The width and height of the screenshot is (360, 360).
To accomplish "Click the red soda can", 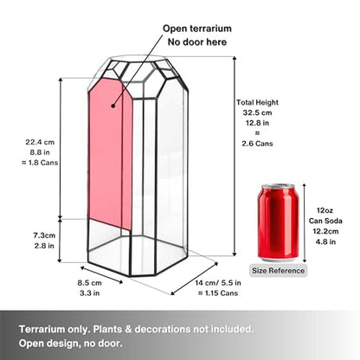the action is point(278,222).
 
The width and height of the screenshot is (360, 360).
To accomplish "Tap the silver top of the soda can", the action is point(278,186).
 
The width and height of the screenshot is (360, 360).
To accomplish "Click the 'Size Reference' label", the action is point(278,271).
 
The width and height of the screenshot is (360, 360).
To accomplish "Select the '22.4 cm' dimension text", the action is point(40,142).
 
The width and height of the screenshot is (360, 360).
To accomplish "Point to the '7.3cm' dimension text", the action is point(44,235).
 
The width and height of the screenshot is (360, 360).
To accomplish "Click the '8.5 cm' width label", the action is point(89,283).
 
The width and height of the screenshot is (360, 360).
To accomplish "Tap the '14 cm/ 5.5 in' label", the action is point(218,283).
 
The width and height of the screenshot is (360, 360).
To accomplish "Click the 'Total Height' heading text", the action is point(257,102).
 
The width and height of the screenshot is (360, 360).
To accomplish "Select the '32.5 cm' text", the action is point(257,112).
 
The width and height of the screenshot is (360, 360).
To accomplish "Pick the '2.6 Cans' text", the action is point(257,144).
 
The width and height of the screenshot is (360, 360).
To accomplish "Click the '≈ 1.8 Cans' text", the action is point(40,163).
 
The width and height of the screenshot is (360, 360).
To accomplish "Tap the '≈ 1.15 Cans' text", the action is point(218,293).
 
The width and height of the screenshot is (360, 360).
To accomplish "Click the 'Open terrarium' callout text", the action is point(197,29).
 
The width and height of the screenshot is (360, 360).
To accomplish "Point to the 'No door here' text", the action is point(197,42).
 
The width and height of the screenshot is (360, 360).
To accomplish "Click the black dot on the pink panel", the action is point(113,106).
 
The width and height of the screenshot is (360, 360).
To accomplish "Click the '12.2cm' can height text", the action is point(325,231).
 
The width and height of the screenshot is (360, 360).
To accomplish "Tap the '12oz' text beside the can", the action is point(325,210).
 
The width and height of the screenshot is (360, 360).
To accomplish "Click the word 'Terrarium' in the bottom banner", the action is point(42,329).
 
